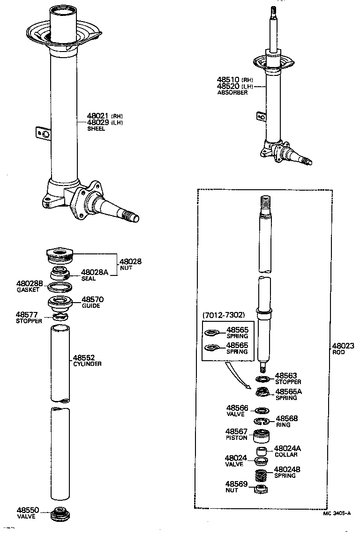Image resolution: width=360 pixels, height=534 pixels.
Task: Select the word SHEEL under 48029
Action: coord(96,129)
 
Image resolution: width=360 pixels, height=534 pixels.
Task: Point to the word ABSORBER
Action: coord(232,93)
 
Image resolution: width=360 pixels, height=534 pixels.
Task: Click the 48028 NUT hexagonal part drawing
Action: coord(60,256)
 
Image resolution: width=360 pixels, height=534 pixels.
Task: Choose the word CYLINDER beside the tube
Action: coord(87,364)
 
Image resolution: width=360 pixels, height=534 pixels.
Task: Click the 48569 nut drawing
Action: coord(261,489)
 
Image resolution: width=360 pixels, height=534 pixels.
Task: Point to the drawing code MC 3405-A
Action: coord(336,513)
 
